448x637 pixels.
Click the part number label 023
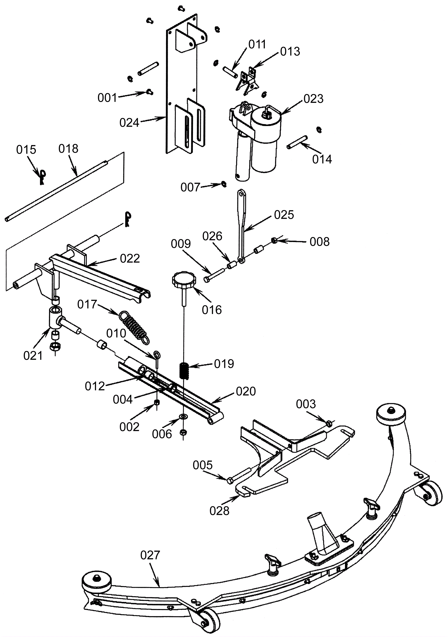[x=313, y=99]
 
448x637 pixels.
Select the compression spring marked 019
[x=184, y=371]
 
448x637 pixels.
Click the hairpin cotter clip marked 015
[x=42, y=177]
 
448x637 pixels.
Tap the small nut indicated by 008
[x=274, y=240]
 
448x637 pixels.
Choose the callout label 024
[x=129, y=123]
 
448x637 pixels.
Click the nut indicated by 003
[x=330, y=423]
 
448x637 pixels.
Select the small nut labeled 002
[x=157, y=403]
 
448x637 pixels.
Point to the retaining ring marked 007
[x=223, y=184]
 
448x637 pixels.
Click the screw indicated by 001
[x=150, y=91]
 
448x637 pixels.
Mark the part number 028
[x=220, y=511]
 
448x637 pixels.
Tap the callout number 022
[x=130, y=259]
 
